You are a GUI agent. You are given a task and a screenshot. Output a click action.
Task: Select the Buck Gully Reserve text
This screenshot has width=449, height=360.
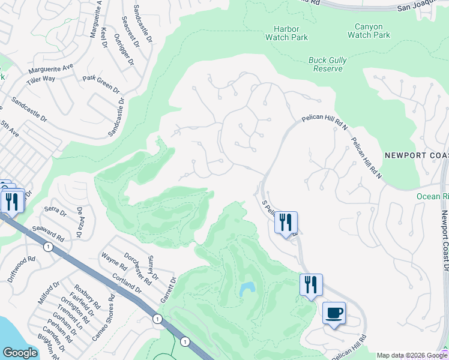(325, 64)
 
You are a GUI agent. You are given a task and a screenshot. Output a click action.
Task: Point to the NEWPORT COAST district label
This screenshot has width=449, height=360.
(416, 155)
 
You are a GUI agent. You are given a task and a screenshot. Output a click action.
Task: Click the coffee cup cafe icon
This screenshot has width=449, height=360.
(334, 313)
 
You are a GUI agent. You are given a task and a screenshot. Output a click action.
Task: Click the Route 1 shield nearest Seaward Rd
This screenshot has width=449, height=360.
(47, 246)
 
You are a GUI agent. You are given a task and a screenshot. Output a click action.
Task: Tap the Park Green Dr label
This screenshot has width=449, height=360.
(101, 83)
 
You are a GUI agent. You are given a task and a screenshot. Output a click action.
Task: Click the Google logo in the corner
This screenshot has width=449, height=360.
(20, 353)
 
